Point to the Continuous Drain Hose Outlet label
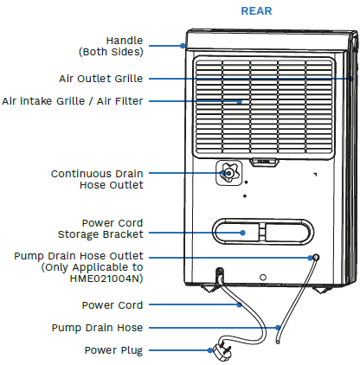coord(96,179)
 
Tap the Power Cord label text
coord(112,305)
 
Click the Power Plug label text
coord(113,350)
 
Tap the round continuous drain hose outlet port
coord(228,173)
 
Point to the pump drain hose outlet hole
coord(315,258)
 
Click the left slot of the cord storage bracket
coord(235,231)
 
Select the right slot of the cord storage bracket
coord(285,231)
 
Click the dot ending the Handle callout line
coord(184,47)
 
